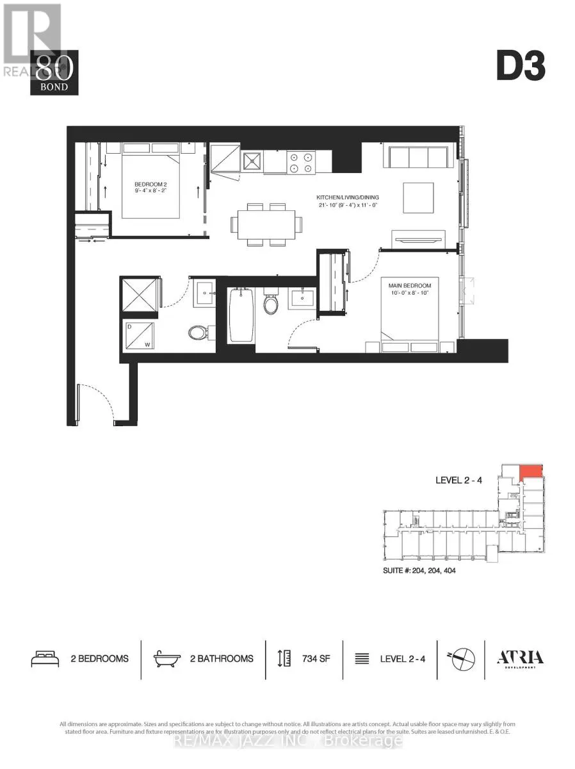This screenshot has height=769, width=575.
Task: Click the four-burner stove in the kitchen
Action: (x=301, y=161)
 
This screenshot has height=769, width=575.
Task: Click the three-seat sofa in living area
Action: (x=416, y=157)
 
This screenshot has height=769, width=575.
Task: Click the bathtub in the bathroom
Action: (x=241, y=315)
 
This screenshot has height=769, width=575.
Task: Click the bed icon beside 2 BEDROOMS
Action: (x=45, y=658)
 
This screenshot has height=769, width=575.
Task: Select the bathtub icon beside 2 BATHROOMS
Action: (x=167, y=658)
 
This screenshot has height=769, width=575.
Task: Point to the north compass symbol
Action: (x=462, y=658)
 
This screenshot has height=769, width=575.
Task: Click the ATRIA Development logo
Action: (x=521, y=658)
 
